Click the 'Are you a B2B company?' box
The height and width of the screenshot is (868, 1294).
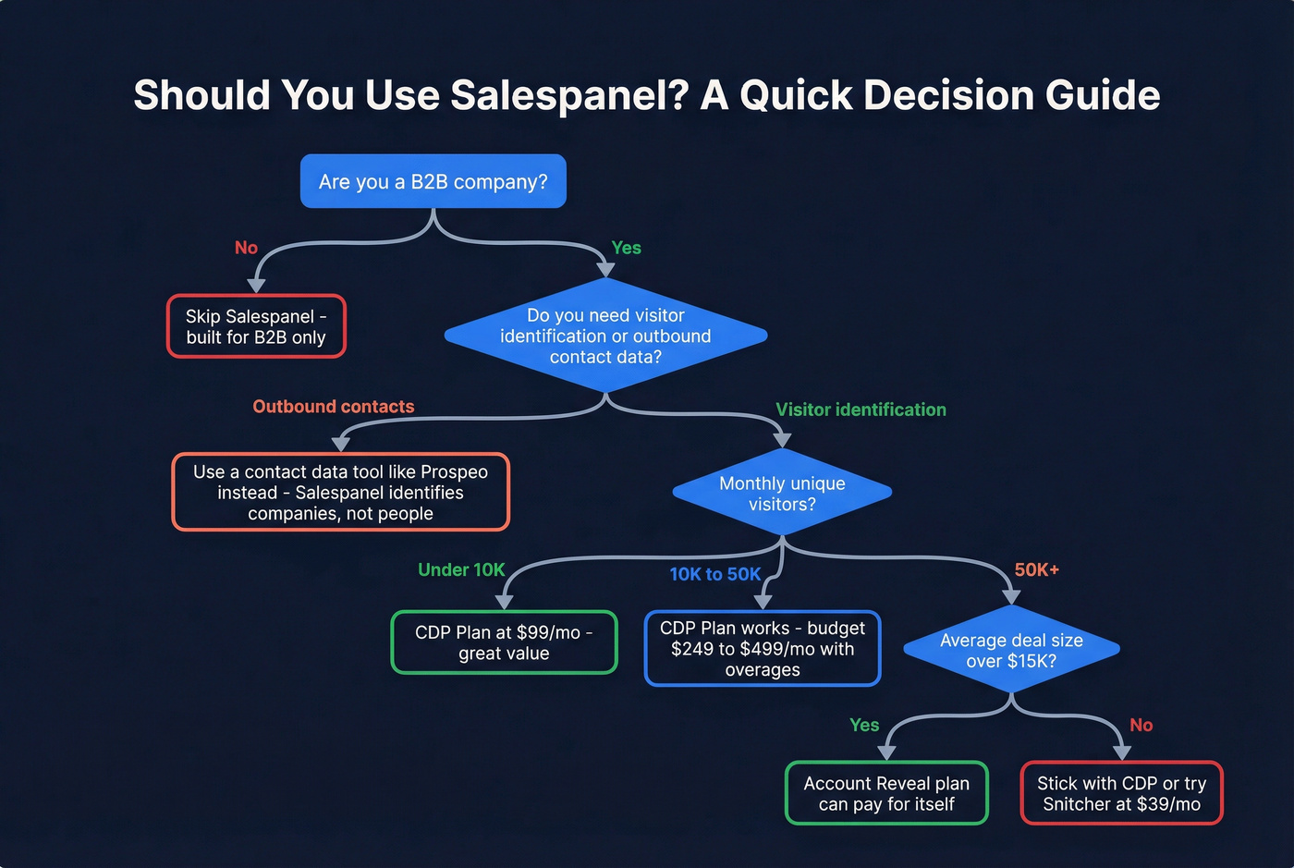[433, 181]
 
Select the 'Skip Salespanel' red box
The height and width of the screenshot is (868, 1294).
[256, 326]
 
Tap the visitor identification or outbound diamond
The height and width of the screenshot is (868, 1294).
[605, 336]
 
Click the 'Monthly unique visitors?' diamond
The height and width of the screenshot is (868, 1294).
[782, 493]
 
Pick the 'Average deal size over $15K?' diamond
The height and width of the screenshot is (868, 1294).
[1011, 650]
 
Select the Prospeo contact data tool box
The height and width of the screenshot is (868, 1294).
[340, 492]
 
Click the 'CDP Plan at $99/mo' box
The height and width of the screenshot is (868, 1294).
[504, 642]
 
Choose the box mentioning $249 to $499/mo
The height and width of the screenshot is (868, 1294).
[763, 648]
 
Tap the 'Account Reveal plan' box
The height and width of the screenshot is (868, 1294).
[886, 793]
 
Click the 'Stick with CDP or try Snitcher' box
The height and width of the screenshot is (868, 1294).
[1121, 793]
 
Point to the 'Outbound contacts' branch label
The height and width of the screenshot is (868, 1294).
[333, 407]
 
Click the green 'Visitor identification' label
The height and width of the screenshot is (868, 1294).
[861, 410]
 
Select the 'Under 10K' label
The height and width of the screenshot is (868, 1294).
[461, 569]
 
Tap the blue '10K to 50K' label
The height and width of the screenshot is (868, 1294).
[714, 574]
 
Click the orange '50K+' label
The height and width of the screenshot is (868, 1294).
[1036, 569]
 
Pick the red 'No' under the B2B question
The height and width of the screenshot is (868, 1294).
[246, 248]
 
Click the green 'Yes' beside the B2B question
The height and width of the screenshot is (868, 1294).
[626, 248]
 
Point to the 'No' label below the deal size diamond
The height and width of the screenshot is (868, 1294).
[1141, 725]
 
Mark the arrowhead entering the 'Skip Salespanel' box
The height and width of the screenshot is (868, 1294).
[257, 286]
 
